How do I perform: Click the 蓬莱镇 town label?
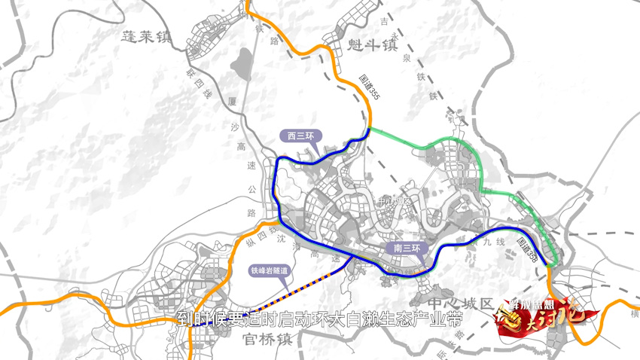147,36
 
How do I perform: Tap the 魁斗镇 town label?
372,46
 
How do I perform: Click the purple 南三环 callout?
407,248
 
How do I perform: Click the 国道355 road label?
369,85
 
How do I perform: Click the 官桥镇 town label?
268,339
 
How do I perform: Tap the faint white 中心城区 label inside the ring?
396,203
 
